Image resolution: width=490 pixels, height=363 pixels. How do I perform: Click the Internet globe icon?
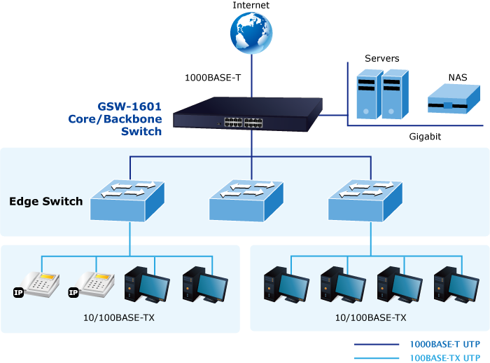251,33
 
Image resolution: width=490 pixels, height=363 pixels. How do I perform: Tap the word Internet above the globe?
251,5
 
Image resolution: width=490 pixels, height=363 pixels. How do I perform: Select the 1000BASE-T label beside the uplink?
213,78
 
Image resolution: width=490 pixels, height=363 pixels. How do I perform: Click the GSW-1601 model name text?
129,107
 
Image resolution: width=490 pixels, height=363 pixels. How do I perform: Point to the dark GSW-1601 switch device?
248,114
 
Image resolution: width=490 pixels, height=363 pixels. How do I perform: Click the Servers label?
382,58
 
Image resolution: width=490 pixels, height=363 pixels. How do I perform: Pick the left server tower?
370,94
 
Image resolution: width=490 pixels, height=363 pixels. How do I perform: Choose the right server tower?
395,94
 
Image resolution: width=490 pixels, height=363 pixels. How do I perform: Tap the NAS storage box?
454,99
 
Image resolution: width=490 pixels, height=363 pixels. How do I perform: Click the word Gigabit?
425,137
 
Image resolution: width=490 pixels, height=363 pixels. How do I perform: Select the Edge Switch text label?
46,201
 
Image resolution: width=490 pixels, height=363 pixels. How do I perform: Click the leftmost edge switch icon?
127,200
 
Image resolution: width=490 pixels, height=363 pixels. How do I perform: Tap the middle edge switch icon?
246,200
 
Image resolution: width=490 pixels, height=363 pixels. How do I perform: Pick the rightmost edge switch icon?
365,200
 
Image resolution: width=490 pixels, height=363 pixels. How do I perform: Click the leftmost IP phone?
37,285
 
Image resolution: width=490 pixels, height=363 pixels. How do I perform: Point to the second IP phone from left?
92,285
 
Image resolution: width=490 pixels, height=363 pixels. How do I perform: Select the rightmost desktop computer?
456,285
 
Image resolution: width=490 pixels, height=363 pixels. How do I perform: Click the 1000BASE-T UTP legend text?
444,344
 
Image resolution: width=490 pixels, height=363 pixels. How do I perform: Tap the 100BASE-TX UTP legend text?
444,358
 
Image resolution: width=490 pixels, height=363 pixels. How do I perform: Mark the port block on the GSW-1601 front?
243,123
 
